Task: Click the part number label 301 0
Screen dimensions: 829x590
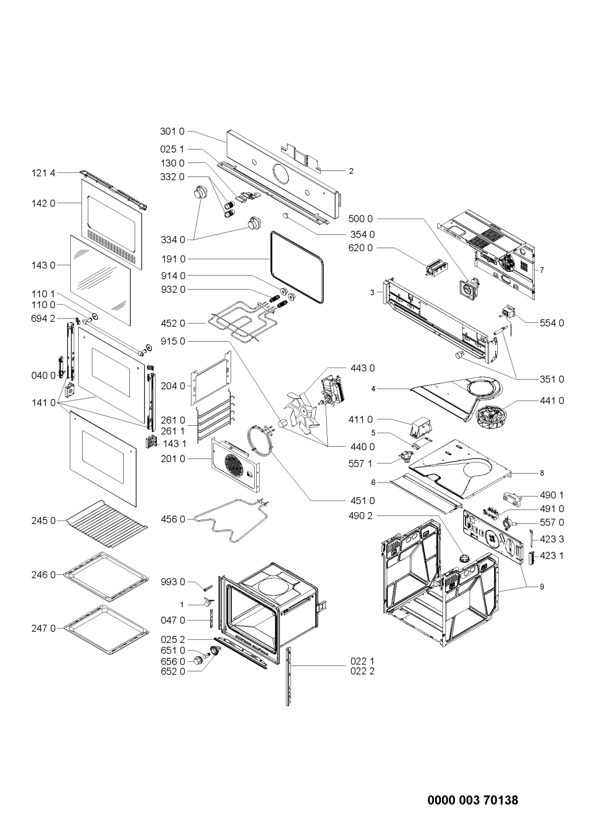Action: [x=172, y=130]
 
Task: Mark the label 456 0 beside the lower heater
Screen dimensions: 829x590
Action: [x=172, y=519]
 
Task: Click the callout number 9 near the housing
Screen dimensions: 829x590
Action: [x=542, y=587]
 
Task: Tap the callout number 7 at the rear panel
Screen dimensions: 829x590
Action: [x=542, y=271]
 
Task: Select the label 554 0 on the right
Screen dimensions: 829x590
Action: [x=552, y=323]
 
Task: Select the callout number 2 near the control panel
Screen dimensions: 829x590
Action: [x=351, y=172]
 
